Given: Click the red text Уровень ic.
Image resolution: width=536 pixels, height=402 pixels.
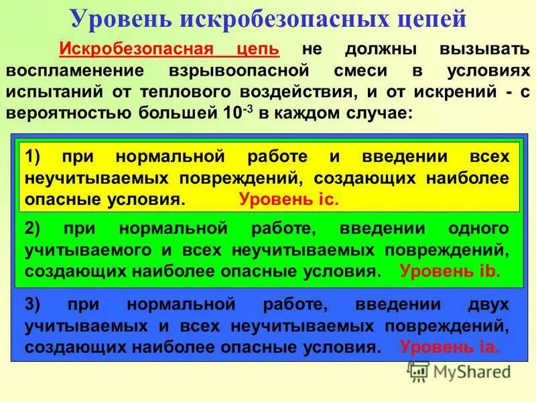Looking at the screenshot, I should tap(289, 199).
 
